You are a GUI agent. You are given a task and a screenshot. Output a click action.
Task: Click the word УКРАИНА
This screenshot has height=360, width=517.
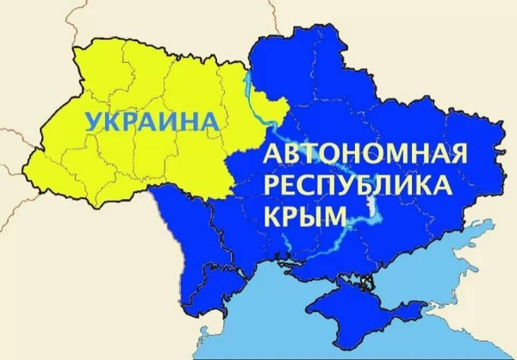pyautogui.click(x=148, y=121)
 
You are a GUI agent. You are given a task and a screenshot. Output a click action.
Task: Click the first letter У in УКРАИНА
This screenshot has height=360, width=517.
pyautogui.click(x=92, y=121)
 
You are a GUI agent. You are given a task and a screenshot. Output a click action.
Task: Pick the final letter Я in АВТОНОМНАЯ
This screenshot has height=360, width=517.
pyautogui.click(x=456, y=157)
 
